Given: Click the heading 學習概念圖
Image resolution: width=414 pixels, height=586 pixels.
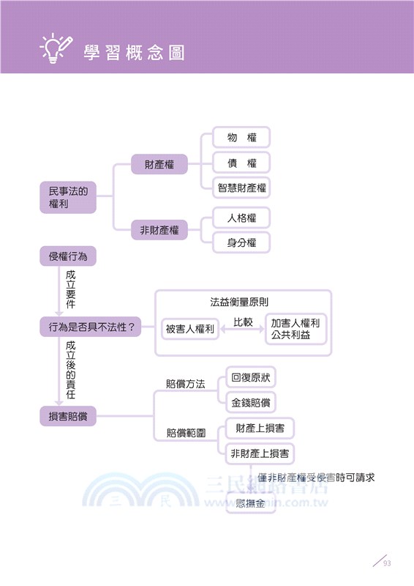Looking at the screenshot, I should click(x=134, y=53).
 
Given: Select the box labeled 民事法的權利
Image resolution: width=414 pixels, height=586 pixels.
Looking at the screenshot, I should click(x=67, y=199).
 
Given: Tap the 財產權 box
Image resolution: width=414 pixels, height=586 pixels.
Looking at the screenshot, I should click(x=159, y=165).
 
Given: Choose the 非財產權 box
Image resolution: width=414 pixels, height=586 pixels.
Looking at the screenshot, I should click(x=159, y=231).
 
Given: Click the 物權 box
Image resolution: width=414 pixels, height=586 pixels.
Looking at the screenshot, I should click(x=241, y=137).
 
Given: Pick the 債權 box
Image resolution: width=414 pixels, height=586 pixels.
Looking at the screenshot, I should click(x=241, y=163).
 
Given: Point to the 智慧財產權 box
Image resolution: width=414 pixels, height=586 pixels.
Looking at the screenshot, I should click(x=241, y=188).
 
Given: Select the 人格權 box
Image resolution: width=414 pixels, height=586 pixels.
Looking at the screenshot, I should click(x=241, y=218).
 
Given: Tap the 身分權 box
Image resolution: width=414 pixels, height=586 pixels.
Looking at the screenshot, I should click(x=241, y=242).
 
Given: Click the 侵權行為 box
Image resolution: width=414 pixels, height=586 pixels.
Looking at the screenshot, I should click(x=67, y=256).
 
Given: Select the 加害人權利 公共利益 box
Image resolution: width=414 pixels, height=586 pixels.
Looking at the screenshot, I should click(x=296, y=329).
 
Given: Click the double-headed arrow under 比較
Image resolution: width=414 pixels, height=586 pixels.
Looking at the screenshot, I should click(x=243, y=330).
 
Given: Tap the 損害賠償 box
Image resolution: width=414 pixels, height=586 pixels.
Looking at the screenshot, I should click(x=67, y=417).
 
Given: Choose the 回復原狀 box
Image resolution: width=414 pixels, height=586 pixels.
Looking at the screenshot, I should click(x=251, y=378).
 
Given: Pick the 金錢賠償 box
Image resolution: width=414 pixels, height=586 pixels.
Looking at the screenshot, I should click(x=251, y=402).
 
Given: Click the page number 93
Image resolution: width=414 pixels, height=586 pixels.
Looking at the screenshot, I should click(x=387, y=563).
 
